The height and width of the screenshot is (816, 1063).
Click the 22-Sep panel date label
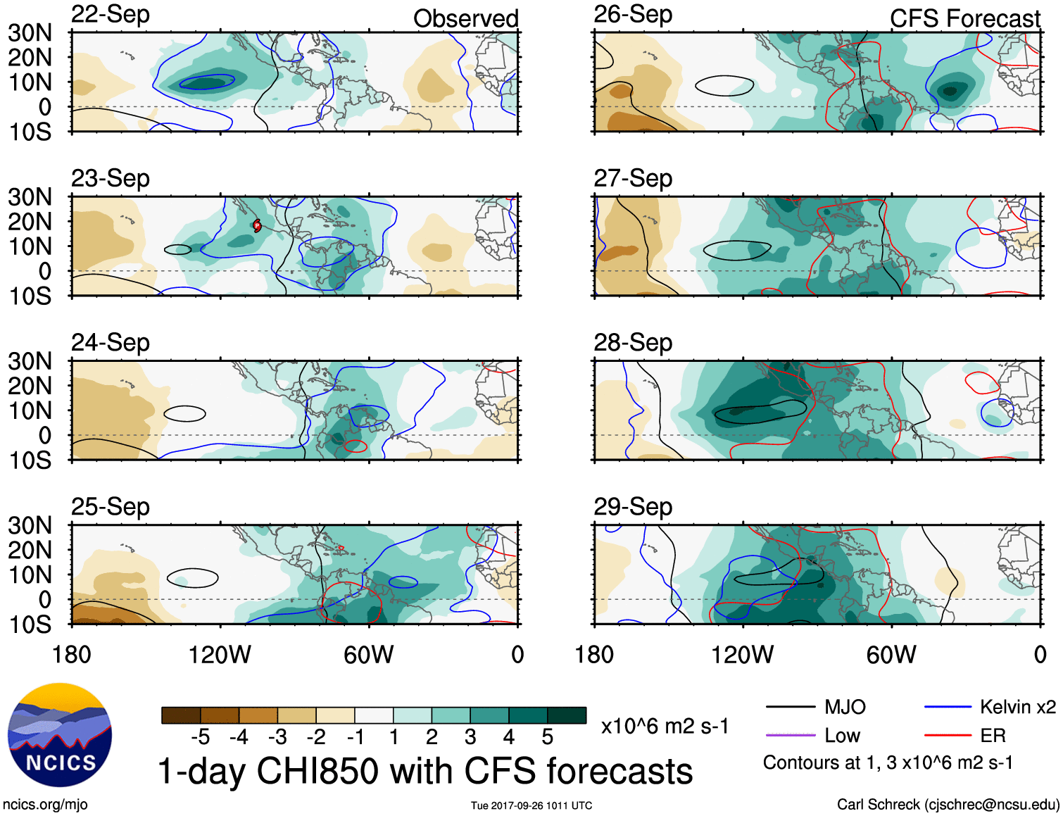[x=111, y=15]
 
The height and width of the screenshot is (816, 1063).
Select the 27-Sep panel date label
[x=633, y=179]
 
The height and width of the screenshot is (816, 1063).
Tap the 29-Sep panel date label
[x=633, y=507]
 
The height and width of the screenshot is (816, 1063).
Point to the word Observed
[x=465, y=19]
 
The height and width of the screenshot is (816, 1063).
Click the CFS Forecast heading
[x=964, y=19]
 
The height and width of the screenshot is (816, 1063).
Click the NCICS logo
[x=60, y=735]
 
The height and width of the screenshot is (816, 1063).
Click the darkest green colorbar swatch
[x=567, y=715]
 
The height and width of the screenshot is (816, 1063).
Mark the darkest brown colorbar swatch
[x=181, y=715]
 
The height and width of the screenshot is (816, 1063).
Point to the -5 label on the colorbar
[x=201, y=737]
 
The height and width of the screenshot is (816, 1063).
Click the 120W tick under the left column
[x=220, y=655]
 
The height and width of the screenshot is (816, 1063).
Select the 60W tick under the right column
[x=891, y=655]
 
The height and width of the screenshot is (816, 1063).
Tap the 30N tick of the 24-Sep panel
[x=30, y=362]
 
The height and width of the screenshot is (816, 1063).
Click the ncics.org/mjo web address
[x=45, y=804]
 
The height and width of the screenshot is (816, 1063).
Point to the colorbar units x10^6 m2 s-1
[x=665, y=727]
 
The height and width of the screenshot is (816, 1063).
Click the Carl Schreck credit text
[x=948, y=804]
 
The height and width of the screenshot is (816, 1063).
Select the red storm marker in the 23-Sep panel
[x=257, y=225]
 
